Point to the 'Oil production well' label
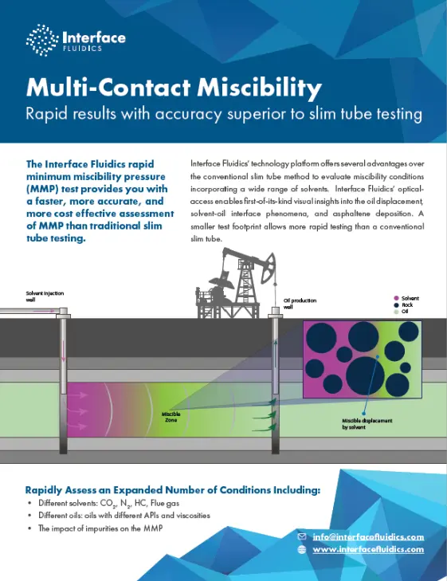pyautogui.click(x=300, y=303)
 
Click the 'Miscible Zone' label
pyautogui.click(x=171, y=418)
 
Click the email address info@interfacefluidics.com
pyautogui.click(x=367, y=537)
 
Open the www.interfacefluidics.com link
pyautogui.click(x=367, y=550)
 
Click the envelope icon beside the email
pyautogui.click(x=301, y=537)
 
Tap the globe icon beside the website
pyautogui.click(x=301, y=550)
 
